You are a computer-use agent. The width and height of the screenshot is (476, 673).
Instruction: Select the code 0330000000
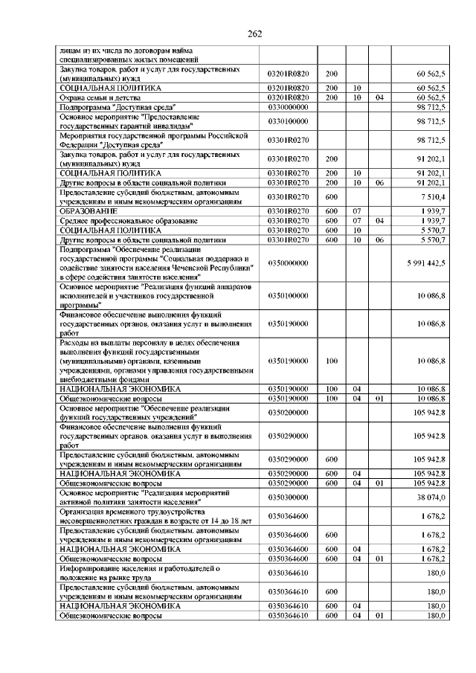(287, 107)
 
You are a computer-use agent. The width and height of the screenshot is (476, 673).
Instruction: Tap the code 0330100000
(287, 121)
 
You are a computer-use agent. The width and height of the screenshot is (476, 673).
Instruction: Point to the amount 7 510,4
(433, 196)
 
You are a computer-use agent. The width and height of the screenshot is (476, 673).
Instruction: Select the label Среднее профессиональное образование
(118, 221)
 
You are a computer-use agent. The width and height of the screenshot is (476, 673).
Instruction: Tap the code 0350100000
(287, 296)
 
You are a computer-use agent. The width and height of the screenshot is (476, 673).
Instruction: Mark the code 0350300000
(287, 496)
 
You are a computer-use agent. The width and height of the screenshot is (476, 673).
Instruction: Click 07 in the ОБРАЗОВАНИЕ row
(357, 211)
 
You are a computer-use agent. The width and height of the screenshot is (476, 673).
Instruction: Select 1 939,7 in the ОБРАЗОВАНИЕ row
(433, 211)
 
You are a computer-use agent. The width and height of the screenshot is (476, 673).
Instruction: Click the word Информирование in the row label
(90, 568)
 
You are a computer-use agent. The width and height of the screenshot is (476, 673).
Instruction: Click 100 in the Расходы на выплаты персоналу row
(332, 361)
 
